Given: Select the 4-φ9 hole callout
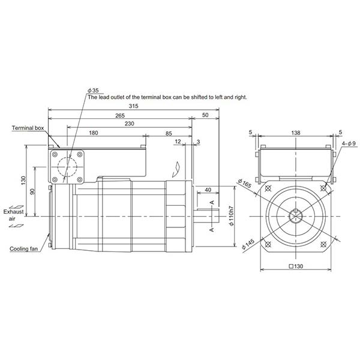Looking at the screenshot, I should tap(349, 144).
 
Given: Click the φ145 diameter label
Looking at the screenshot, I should tap(247, 247).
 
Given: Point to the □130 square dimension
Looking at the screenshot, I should tap(294, 266).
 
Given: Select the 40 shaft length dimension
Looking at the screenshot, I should tap(208, 190).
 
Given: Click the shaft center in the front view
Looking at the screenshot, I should tap(295, 216).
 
